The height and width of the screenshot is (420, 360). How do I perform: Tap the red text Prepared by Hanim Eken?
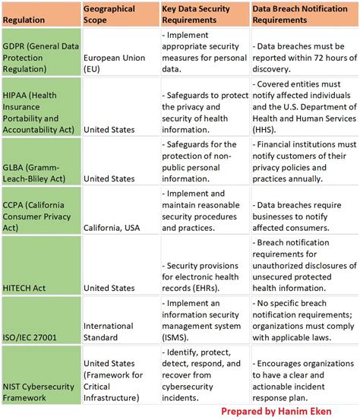(x=289, y=410)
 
